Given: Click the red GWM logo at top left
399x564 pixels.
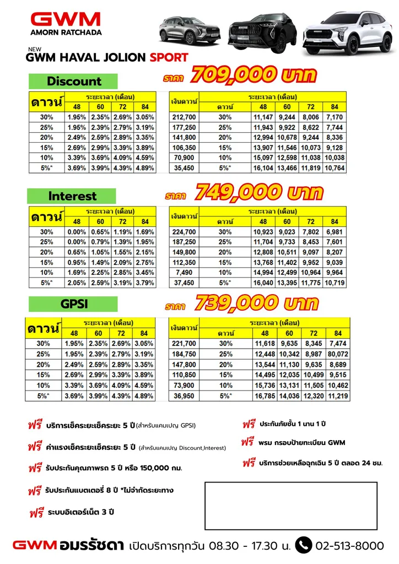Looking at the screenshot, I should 66,20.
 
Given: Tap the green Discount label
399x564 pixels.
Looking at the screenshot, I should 74,82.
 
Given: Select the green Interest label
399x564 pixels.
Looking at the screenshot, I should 72,196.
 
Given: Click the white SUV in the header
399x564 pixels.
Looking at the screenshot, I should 347,32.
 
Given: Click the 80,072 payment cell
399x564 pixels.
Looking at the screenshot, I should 338,354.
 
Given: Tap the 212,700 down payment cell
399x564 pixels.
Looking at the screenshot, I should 184,117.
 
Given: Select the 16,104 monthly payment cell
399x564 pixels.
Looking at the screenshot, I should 263,168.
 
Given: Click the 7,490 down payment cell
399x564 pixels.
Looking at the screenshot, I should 184,273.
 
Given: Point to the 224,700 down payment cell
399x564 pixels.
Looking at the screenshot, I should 184,232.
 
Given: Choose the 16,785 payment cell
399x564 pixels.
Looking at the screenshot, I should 265,395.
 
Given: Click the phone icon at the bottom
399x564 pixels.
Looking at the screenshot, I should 303,545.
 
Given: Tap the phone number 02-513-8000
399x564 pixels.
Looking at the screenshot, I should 349,546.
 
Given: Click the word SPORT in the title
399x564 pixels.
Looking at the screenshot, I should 169,57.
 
